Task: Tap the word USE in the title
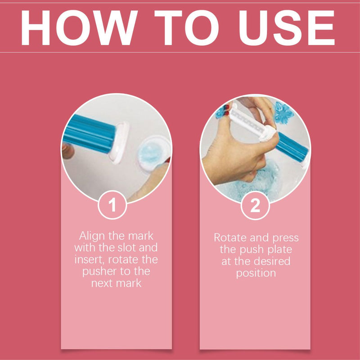(287, 28)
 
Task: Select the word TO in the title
(186, 28)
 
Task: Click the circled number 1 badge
(112, 205)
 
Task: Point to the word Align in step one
(92, 236)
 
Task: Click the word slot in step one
(126, 247)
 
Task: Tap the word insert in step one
(89, 260)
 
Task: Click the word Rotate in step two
(230, 238)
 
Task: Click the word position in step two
(256, 274)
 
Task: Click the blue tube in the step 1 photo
(89, 134)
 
